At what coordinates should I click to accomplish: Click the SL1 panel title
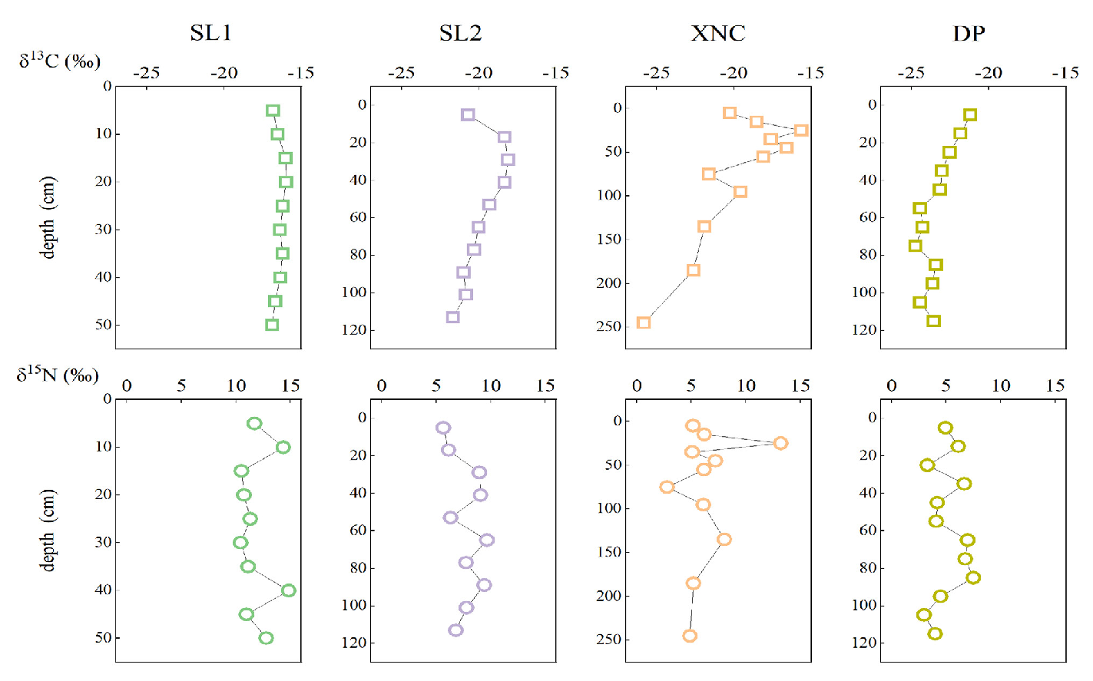coord(210,33)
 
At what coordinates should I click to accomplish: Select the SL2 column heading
coord(460,33)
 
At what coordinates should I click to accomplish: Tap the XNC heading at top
coord(717,33)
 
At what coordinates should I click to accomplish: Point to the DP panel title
coord(969,33)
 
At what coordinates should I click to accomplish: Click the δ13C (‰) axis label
coord(59,61)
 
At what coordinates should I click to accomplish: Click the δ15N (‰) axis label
coord(58,375)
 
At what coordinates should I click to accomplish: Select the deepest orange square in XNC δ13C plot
coord(644,322)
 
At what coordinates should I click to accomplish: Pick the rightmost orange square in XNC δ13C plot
coord(801,131)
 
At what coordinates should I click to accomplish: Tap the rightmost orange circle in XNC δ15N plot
coord(780,443)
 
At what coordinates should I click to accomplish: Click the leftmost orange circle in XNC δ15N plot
coord(667,487)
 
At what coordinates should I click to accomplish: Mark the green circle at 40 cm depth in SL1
coord(288,590)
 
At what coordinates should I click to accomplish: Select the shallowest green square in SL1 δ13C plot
coord(273,111)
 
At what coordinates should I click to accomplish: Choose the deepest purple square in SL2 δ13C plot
coord(453,317)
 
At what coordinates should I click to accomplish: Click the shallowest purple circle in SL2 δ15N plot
coord(442,428)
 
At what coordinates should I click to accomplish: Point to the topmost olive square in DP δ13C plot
coord(970,115)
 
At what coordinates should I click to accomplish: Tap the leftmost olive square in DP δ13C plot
coord(915,246)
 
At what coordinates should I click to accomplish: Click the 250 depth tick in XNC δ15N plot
coord(608,640)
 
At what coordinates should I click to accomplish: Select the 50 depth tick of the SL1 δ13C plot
coord(103,325)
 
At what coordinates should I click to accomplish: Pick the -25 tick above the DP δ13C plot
coord(911,73)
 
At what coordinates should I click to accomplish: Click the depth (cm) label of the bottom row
coord(48,530)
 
